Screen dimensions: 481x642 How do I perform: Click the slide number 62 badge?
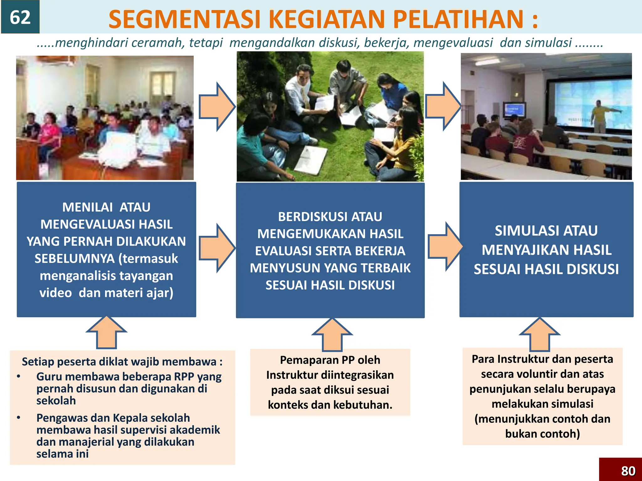tap(20, 17)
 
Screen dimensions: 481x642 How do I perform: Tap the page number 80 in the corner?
tap(628, 471)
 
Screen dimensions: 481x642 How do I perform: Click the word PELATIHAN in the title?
tap(458, 19)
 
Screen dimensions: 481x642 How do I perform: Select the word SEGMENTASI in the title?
tap(184, 19)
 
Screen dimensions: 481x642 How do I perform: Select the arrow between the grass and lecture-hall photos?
tap(443, 106)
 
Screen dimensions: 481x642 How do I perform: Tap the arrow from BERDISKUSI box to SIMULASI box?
tap(445, 247)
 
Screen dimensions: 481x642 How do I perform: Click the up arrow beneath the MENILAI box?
tap(107, 333)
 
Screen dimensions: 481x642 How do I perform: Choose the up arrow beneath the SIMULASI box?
tap(540, 334)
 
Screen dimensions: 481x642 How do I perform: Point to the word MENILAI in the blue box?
tap(87, 207)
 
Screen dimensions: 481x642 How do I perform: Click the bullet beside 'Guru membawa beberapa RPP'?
tap(19, 376)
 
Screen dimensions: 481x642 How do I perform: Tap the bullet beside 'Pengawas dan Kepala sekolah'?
tap(19, 418)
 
